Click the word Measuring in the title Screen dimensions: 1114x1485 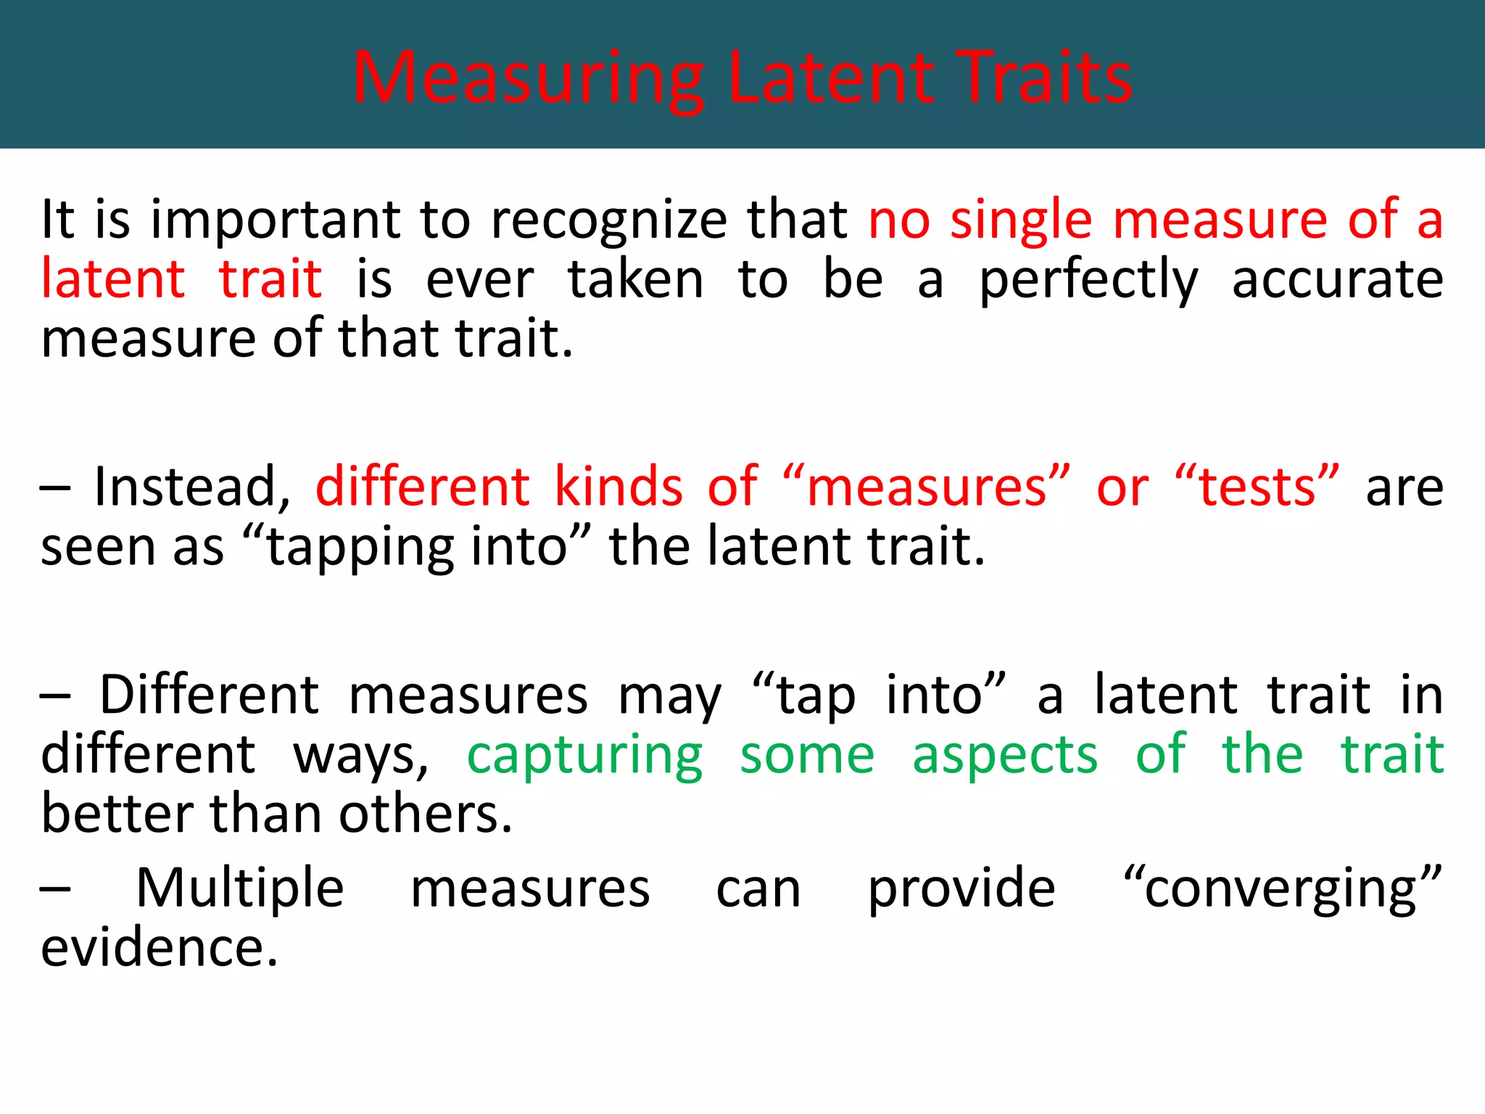click(528, 78)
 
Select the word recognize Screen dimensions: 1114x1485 click(609, 220)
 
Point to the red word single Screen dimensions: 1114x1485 click(1021, 220)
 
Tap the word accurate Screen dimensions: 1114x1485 click(1338, 280)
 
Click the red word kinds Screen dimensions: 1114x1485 click(619, 487)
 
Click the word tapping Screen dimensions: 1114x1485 click(360, 547)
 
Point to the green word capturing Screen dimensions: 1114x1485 click(584, 755)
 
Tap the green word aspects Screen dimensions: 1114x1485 click(1005, 755)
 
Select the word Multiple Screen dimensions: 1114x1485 click(240, 888)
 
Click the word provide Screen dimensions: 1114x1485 click(961, 888)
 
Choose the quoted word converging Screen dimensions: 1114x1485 click(1282, 888)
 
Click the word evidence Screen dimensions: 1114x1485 click(159, 948)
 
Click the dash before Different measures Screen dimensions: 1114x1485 click(55, 696)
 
